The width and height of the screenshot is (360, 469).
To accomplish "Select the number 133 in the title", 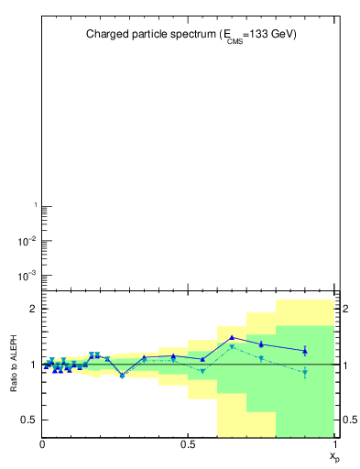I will coord(262,34).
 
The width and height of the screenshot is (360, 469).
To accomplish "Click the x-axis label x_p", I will coord(334,454).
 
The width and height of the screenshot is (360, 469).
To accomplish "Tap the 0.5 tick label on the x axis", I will coord(188,444).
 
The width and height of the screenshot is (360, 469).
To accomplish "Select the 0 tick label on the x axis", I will coord(42,444).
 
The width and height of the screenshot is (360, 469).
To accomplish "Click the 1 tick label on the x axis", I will coord(334,444).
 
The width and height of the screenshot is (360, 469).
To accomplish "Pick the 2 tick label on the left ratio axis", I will coord(33,309).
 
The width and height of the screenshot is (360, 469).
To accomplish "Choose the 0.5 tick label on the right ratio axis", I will coord(349,420).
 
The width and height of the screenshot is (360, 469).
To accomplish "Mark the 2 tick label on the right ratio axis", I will coord(345,309).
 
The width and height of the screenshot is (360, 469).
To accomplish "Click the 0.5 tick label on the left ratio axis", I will coord(29,420).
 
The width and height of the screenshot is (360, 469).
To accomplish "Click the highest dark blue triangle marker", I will coord(232,337).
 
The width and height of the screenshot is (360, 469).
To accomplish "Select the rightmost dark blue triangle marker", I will coord(305,351).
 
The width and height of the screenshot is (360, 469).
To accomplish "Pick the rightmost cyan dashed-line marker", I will coord(305,372).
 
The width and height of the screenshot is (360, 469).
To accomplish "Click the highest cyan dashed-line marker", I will coord(232,346).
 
